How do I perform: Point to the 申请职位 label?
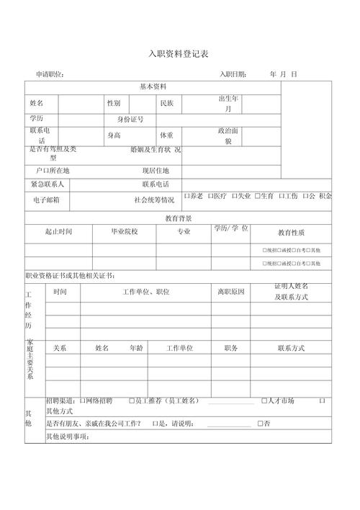pos(50,74)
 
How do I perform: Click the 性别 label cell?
pos(114,104)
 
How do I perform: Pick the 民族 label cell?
pos(167,104)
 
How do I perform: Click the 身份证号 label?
pos(130,120)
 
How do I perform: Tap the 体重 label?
pos(167,135)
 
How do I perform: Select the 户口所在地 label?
pos(53,171)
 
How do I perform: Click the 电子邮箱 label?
pos(45,200)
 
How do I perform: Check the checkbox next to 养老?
pos(186,196)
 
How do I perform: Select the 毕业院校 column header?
pos(124,231)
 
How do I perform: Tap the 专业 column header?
pos(184,231)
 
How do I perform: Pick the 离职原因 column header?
pos(231,292)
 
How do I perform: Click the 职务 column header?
pos(231,348)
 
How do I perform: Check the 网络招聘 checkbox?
pos(83,401)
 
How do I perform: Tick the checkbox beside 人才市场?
pos(264,401)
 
